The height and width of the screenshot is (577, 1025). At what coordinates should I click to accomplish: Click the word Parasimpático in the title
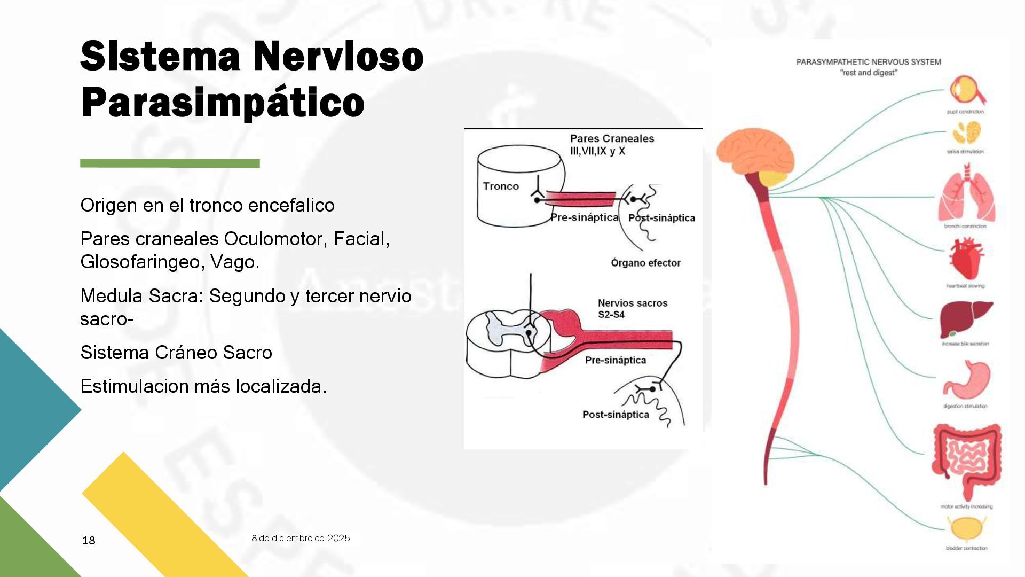[x=223, y=103]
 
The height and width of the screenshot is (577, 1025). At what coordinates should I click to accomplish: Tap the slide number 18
[x=89, y=541]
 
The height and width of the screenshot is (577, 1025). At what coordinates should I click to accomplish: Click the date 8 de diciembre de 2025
[x=301, y=538]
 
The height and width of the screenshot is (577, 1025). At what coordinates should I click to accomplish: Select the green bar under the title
[x=170, y=163]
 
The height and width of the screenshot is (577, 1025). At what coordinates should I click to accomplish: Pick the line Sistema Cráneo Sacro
[x=176, y=353]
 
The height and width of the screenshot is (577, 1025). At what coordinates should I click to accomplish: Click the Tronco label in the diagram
[x=501, y=186]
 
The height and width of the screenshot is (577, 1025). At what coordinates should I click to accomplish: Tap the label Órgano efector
[x=645, y=263]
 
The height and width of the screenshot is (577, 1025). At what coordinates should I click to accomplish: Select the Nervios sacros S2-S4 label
[x=632, y=308]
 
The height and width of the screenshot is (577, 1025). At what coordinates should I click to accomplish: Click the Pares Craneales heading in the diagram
[x=612, y=139]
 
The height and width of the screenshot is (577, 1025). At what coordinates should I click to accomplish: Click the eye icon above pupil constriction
[x=966, y=91]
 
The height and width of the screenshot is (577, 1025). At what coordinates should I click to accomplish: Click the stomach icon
[x=966, y=380]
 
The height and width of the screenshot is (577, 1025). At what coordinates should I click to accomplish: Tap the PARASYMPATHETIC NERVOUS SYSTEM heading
[x=869, y=62]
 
